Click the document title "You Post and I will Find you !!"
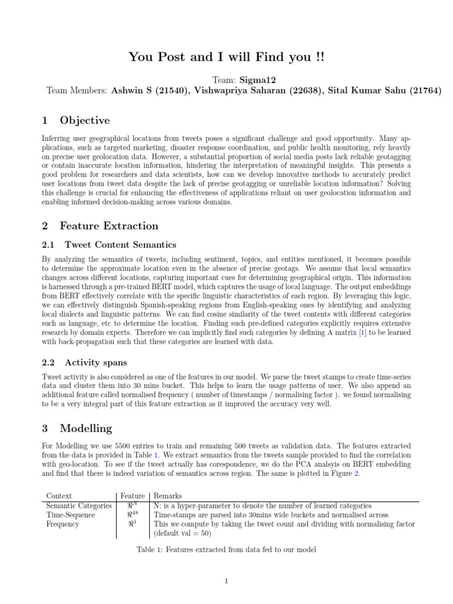pyautogui.click(x=226, y=58)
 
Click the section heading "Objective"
pyautogui.click(x=84, y=120)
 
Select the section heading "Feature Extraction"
pyautogui.click(x=109, y=225)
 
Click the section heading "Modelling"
pyautogui.click(x=86, y=428)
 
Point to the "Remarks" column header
pyautogui.click(x=168, y=496)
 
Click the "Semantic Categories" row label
pyautogui.click(x=78, y=505)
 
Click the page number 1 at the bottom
pyautogui.click(x=226, y=582)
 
